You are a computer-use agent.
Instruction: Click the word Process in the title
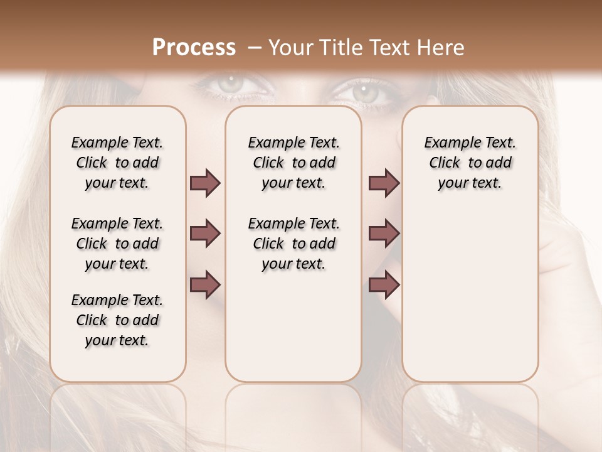pyautogui.click(x=194, y=48)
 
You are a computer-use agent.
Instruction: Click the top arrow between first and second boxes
pyautogui.click(x=205, y=183)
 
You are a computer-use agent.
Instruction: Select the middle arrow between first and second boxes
pyautogui.click(x=205, y=234)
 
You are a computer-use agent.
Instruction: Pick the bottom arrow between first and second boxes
pyautogui.click(x=205, y=285)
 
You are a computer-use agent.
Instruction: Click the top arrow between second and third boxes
pyautogui.click(x=384, y=183)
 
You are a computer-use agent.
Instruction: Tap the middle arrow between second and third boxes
pyautogui.click(x=384, y=234)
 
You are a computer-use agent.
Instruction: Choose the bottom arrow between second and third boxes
pyautogui.click(x=384, y=285)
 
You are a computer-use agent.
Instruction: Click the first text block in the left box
pyautogui.click(x=117, y=163)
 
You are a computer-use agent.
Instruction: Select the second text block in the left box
pyautogui.click(x=117, y=244)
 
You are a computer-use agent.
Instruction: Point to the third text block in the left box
pyautogui.click(x=117, y=320)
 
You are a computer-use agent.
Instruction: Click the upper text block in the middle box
pyautogui.click(x=293, y=163)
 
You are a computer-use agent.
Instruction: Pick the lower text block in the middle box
pyautogui.click(x=293, y=244)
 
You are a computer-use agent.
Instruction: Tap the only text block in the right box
pyautogui.click(x=470, y=163)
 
